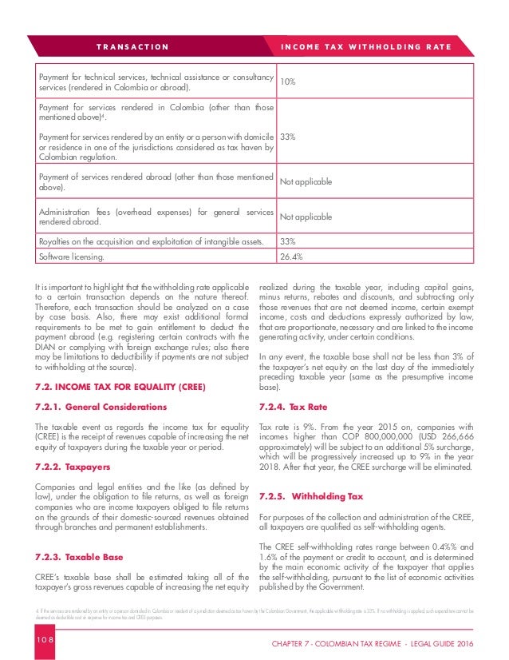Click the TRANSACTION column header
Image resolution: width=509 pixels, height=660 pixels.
(x=133, y=46)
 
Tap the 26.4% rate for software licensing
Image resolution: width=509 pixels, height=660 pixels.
(x=290, y=256)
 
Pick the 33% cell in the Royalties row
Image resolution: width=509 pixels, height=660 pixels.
(x=286, y=241)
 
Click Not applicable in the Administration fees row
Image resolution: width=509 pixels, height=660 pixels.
(x=306, y=216)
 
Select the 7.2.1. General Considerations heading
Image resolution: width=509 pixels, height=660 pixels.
(x=102, y=407)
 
